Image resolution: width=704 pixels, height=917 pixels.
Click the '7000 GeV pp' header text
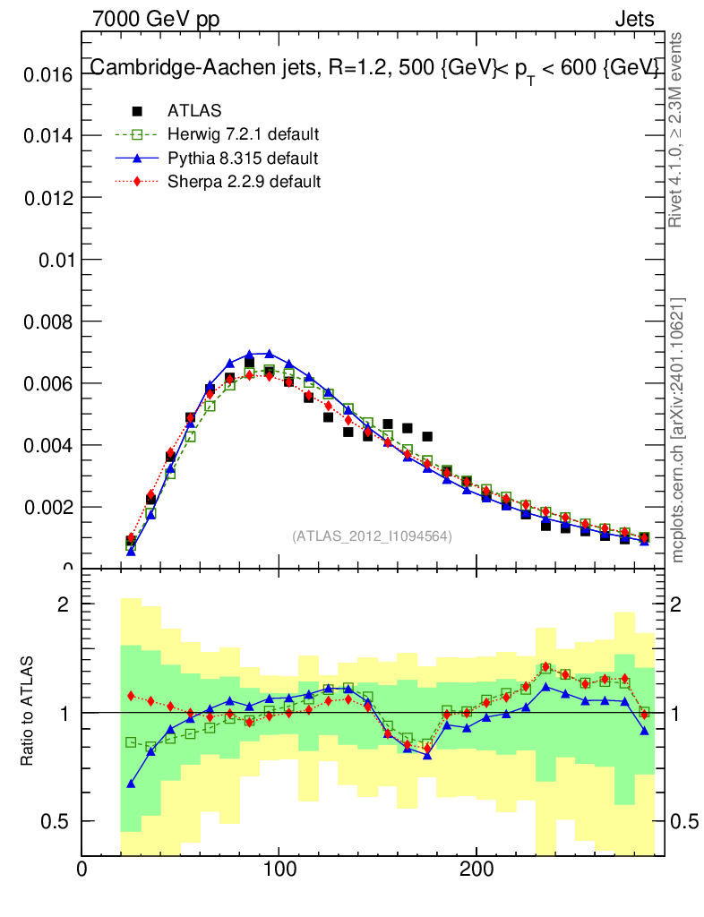point(156,19)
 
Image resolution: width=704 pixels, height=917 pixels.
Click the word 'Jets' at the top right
point(634,19)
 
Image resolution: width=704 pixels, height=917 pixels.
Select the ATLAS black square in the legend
point(137,111)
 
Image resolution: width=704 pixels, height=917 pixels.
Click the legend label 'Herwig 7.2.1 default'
point(244,134)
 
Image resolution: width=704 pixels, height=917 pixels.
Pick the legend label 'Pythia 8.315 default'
point(243,159)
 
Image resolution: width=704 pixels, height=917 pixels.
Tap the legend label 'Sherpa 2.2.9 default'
point(245,182)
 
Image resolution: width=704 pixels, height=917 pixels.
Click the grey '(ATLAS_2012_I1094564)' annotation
point(372,536)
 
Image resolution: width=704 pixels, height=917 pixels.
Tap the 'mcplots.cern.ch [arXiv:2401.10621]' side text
point(678,431)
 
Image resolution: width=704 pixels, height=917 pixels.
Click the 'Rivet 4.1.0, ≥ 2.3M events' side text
point(678,130)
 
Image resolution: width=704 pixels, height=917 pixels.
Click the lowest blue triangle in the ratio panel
point(132,784)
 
